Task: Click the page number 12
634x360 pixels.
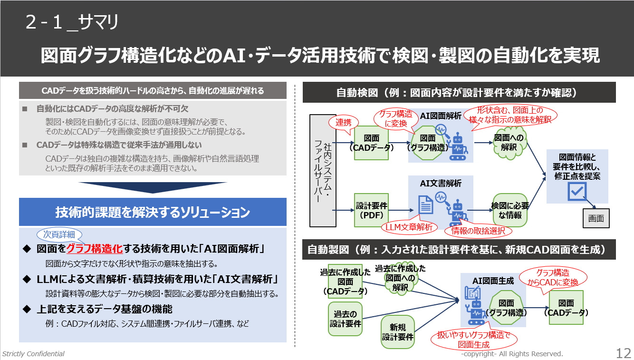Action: [x=623, y=353]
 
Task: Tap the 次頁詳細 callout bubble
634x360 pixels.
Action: [x=59, y=234]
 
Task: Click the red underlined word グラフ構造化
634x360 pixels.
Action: [x=95, y=249]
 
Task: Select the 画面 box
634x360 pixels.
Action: [x=596, y=219]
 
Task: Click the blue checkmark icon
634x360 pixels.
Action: [x=577, y=191]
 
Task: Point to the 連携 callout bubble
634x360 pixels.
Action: [x=344, y=123]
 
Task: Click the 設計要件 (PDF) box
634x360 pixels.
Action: [x=372, y=210]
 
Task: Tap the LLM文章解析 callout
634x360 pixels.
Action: [x=409, y=228]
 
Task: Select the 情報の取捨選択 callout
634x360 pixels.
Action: [x=478, y=231]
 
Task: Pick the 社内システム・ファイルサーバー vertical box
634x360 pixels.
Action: [x=323, y=170]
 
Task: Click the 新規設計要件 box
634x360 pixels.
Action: [x=397, y=332]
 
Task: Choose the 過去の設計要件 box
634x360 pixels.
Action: [x=346, y=319]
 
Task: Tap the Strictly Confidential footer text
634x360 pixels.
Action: [x=33, y=354]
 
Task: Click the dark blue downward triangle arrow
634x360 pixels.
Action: [x=152, y=187]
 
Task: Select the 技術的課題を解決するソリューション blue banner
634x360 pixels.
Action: [x=153, y=212]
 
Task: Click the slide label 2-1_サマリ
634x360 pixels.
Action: [x=72, y=23]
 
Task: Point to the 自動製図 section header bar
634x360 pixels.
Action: [x=459, y=249]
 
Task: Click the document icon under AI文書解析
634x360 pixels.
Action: [x=425, y=205]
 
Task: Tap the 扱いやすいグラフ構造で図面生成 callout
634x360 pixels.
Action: [x=473, y=340]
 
